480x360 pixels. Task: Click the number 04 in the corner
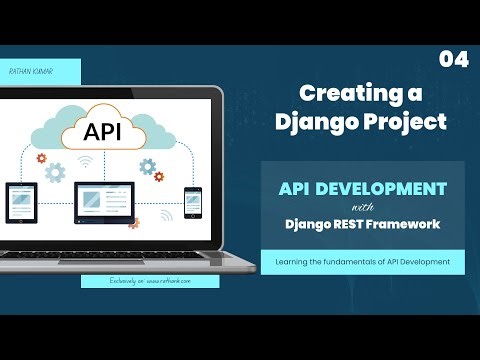coord(453,60)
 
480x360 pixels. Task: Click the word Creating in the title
coord(339,94)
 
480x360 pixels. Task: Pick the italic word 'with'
coord(358,207)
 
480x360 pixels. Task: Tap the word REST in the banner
coord(350,224)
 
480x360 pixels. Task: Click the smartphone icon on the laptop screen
coord(192,199)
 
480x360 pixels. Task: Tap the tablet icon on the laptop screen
coord(22,200)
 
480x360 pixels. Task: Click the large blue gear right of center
coord(147,166)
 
